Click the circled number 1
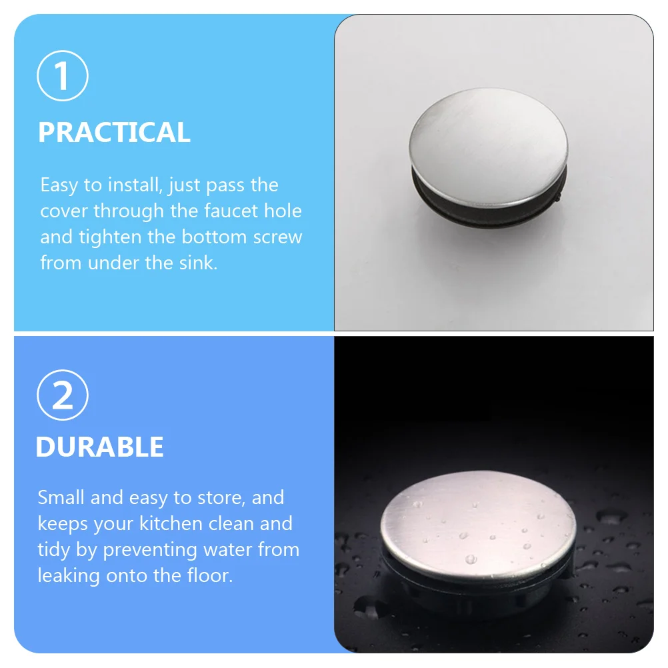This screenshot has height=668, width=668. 63,77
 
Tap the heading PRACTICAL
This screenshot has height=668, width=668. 114,133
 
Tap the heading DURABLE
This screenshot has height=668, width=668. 99,447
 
